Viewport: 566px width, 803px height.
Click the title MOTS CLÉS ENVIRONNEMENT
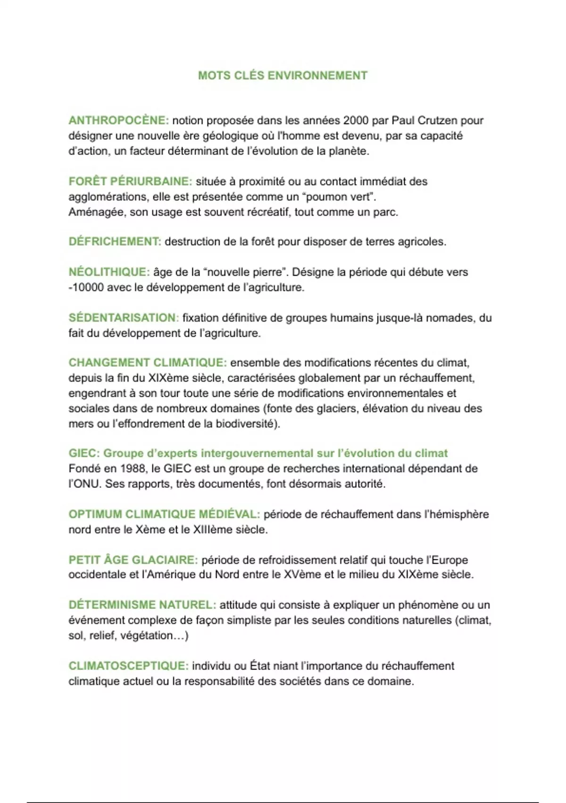pos(283,76)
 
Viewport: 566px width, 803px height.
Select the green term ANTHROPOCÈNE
pos(118,120)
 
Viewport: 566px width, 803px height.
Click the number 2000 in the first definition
pos(356,120)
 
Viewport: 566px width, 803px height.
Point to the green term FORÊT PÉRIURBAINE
pos(130,181)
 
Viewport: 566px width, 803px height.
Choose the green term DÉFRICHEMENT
pos(115,241)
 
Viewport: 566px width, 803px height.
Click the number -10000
pos(86,287)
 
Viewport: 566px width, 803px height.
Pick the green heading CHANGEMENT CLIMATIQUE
pos(148,363)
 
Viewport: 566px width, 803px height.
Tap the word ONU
pos(86,484)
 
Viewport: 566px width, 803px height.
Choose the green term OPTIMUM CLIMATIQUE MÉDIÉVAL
pos(164,514)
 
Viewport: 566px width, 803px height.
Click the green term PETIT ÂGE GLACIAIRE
pos(133,560)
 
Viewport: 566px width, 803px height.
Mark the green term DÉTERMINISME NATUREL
pos(142,605)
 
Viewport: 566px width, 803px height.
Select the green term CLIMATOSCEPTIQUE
pos(128,666)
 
